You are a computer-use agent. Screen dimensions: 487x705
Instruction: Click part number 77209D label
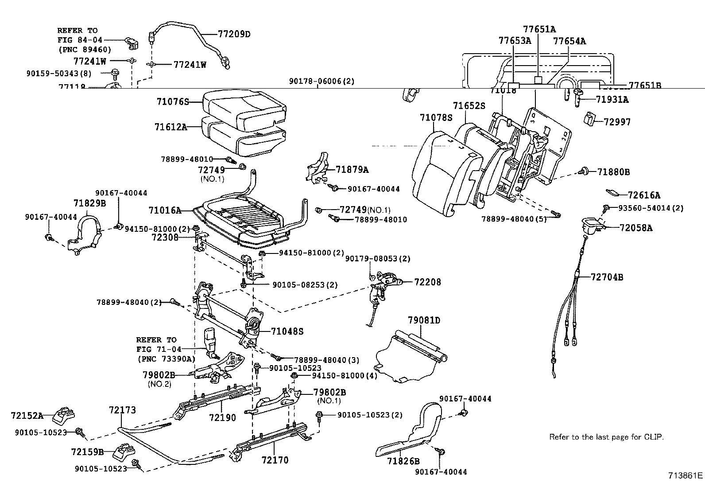(234, 33)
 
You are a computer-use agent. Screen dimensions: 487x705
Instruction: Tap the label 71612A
(170, 127)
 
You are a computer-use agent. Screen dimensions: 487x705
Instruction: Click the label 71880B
(613, 171)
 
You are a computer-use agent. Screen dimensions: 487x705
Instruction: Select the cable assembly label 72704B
(607, 277)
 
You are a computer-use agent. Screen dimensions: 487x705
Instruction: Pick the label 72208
(427, 282)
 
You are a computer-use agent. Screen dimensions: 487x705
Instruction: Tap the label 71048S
(287, 331)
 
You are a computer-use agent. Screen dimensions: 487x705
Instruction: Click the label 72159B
(87, 452)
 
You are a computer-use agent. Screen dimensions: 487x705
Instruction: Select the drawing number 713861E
(685, 476)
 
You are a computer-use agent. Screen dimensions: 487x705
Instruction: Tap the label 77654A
(569, 41)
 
